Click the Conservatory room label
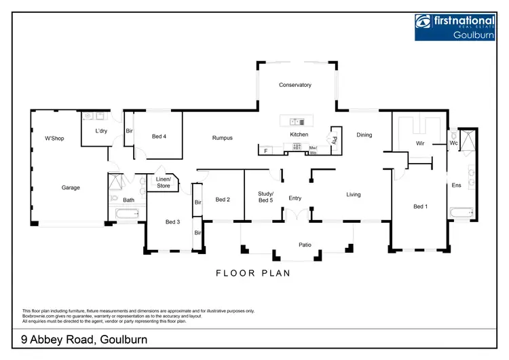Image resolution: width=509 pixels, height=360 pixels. pyautogui.click(x=295, y=85)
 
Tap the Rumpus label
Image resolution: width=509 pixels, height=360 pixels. pyautogui.click(x=222, y=138)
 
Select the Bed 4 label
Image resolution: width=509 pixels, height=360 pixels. pyautogui.click(x=159, y=137)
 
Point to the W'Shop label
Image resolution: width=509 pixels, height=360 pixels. pyautogui.click(x=54, y=139)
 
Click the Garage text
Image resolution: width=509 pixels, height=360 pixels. pyautogui.click(x=71, y=187)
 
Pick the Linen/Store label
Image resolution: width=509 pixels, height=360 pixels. pyautogui.click(x=163, y=182)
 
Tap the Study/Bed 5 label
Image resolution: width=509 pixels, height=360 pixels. pyautogui.click(x=265, y=197)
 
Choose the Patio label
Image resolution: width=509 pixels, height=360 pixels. pyautogui.click(x=305, y=245)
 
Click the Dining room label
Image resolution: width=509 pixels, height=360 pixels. pyautogui.click(x=364, y=134)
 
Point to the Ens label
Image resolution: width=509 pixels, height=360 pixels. pyautogui.click(x=457, y=185)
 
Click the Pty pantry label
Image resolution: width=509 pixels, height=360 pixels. pyautogui.click(x=335, y=140)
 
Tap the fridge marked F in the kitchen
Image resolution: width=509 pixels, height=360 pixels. pyautogui.click(x=265, y=150)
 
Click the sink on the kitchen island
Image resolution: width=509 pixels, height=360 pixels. pyautogui.click(x=297, y=122)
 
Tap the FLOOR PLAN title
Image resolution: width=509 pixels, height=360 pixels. pyautogui.click(x=252, y=274)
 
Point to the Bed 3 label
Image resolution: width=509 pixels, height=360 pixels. pyautogui.click(x=173, y=221)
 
